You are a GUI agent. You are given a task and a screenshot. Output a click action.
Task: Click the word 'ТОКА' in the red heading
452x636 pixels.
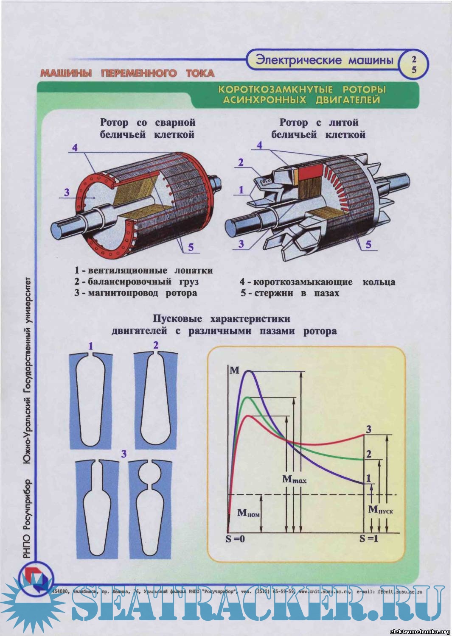pyautogui.click(x=200, y=73)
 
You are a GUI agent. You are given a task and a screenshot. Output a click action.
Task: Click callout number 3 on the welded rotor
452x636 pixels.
pyautogui.click(x=67, y=192)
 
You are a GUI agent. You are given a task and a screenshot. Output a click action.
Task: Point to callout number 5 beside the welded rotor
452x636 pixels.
pyautogui.click(x=191, y=247)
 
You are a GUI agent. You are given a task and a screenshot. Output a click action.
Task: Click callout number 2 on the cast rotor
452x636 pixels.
pyautogui.click(x=241, y=162)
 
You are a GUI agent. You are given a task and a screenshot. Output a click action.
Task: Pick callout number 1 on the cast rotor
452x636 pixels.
pyautogui.click(x=241, y=190)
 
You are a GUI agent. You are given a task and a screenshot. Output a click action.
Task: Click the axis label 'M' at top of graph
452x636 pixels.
pyautogui.click(x=234, y=371)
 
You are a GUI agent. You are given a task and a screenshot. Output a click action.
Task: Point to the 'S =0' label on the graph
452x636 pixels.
pyautogui.click(x=235, y=539)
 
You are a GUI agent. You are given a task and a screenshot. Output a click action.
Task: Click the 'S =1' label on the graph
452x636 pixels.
pyautogui.click(x=368, y=539)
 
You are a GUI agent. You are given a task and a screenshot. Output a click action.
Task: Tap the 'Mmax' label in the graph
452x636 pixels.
pyautogui.click(x=294, y=480)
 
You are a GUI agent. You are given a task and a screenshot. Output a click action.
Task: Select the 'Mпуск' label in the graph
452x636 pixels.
pyautogui.click(x=380, y=510)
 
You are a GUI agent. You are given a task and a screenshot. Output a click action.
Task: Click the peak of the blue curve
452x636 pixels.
pyautogui.click(x=250, y=371)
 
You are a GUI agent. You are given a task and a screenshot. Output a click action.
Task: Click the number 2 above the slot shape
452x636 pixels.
pyautogui.click(x=156, y=345)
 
